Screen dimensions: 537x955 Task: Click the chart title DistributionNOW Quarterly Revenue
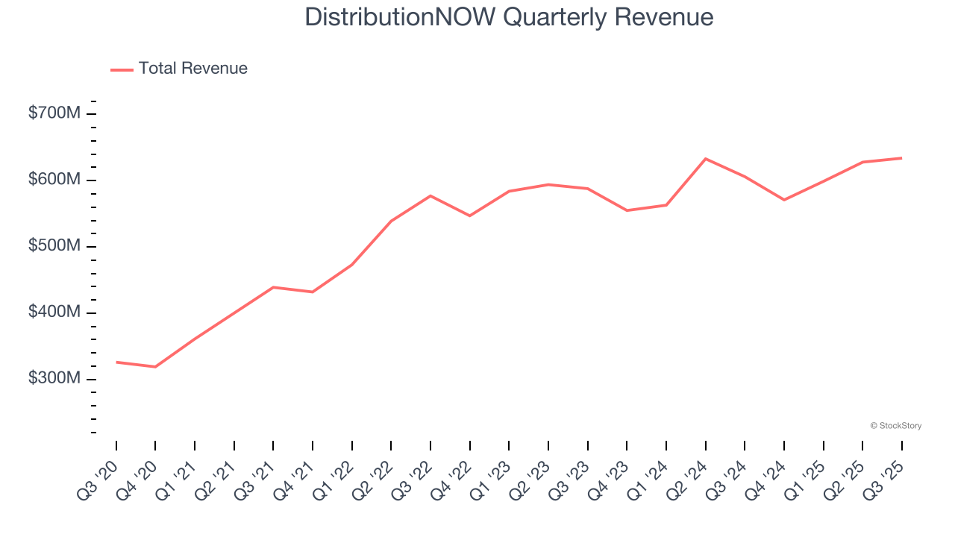point(509,17)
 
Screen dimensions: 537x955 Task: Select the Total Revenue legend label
point(192,69)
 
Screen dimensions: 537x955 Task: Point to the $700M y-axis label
point(54,113)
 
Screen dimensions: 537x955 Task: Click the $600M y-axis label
point(54,180)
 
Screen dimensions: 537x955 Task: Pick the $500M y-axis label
point(54,246)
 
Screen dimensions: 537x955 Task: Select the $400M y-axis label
point(54,313)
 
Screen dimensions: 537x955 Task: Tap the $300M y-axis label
point(54,379)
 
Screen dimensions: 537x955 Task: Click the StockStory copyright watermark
point(895,426)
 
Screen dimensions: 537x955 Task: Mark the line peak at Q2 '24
point(706,159)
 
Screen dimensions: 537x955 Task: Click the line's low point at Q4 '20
point(155,367)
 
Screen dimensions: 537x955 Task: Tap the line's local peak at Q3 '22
point(430,195)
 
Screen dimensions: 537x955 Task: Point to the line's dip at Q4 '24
point(784,200)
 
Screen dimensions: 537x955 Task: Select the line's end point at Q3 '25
point(901,158)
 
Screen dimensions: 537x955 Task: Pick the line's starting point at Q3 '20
point(116,362)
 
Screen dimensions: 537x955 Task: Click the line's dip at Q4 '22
point(469,216)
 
